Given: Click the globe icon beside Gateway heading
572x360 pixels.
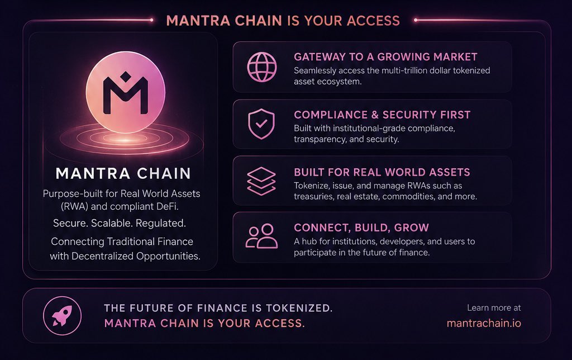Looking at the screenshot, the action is point(262,67).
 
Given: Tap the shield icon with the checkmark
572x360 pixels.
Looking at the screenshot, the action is point(261,124).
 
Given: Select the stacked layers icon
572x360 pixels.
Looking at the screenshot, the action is point(261,181).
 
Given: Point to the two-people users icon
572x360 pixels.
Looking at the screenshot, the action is point(261,236).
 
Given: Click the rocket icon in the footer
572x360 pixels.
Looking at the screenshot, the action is point(62,316).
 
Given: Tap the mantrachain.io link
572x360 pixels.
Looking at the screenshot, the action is point(484,324).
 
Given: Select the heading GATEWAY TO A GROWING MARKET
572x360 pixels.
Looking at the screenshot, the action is point(385,57).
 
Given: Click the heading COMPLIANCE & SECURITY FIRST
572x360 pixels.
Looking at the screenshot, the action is point(382,115).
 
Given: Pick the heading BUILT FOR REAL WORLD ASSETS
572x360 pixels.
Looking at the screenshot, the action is point(382,172).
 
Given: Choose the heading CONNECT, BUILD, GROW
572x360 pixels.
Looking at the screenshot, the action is point(361,228).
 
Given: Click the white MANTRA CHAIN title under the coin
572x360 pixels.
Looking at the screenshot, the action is point(123,173).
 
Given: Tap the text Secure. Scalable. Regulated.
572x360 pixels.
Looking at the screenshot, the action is point(120,223).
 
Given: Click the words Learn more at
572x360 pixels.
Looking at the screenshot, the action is point(494,308).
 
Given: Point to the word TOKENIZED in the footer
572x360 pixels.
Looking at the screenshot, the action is point(299,308).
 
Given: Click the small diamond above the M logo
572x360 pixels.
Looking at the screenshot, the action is point(126,77).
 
